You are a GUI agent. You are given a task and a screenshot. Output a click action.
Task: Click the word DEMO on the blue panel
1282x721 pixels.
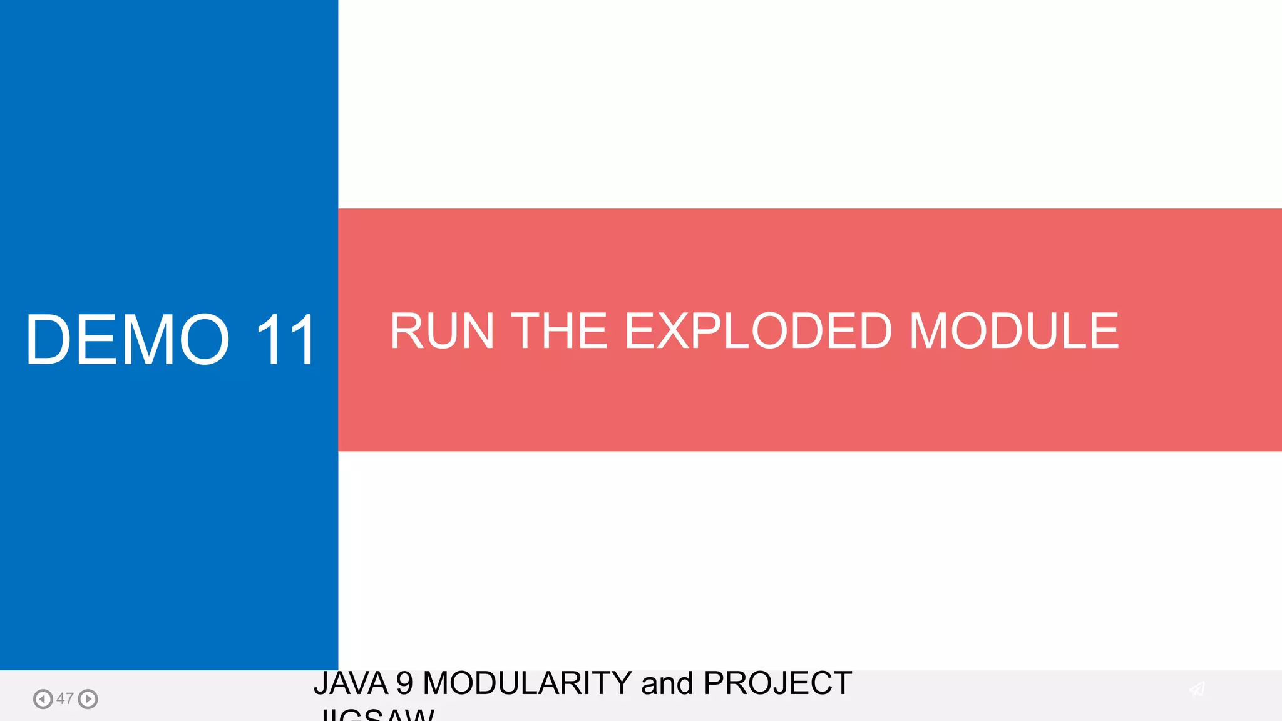point(128,340)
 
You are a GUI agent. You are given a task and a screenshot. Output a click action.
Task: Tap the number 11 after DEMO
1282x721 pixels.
point(285,340)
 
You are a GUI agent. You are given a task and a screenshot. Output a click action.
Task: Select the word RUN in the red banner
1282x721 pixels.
point(442,331)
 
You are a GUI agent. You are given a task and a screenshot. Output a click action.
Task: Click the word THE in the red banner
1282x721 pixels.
point(559,331)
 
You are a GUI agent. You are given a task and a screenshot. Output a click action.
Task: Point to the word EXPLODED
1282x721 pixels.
point(758,331)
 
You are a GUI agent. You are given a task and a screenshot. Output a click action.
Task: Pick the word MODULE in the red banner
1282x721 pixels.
point(1013,331)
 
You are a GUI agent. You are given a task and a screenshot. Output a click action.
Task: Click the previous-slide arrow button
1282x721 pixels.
point(43,698)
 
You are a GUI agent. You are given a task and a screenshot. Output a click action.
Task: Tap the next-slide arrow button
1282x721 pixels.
point(88,698)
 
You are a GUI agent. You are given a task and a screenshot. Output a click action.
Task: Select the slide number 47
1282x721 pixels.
point(65,698)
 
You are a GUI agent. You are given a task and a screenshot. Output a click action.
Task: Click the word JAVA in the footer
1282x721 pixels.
point(351,683)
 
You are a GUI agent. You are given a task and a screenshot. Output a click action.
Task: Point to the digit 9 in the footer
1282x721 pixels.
point(404,683)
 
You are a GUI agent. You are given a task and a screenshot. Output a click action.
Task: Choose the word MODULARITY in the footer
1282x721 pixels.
point(527,683)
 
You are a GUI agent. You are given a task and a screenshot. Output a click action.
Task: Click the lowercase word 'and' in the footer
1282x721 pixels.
point(667,683)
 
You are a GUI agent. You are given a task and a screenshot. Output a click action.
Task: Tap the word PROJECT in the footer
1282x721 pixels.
point(777,683)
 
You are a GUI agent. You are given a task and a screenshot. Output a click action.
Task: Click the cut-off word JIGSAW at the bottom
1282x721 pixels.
point(376,715)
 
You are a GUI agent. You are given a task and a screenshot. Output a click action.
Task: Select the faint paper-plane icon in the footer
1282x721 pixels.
point(1197,689)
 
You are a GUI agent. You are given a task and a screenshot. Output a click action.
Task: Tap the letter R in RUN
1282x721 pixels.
point(409,331)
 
